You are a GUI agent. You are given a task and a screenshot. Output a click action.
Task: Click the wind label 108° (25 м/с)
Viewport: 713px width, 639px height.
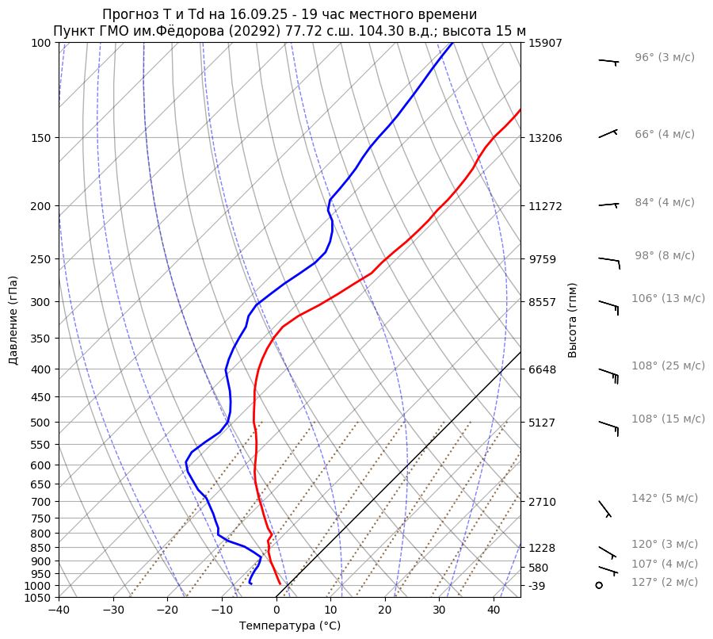(668, 365)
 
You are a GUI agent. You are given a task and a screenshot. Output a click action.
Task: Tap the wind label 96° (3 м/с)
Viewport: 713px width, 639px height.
(665, 57)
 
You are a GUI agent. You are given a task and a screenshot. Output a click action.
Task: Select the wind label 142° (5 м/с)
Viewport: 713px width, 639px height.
(665, 498)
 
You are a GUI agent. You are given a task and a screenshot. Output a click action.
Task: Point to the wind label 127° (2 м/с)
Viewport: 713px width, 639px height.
(665, 582)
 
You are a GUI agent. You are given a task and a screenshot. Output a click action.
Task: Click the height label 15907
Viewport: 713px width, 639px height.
(545, 43)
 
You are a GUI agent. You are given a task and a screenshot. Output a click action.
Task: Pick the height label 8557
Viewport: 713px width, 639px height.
(543, 302)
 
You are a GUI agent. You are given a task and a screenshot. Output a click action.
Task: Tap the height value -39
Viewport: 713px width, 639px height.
(538, 586)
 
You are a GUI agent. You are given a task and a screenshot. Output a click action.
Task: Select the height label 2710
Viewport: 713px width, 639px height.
(543, 502)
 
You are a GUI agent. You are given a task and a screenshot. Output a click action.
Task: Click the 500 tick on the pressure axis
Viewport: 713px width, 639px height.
(42, 423)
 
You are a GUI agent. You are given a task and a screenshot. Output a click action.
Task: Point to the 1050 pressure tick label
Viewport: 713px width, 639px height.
(39, 598)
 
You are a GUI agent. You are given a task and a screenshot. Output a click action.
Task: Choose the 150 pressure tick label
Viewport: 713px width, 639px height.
(42, 138)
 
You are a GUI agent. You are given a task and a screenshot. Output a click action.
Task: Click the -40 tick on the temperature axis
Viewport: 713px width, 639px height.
(59, 610)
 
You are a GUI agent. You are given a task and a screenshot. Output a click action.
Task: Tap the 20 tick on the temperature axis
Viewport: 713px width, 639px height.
(385, 610)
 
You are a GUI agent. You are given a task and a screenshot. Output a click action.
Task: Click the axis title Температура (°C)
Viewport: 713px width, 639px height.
(290, 626)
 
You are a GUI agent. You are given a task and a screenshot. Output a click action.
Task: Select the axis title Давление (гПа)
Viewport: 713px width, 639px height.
(13, 320)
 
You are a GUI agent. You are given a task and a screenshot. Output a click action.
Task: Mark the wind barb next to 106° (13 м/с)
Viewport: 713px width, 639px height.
(608, 304)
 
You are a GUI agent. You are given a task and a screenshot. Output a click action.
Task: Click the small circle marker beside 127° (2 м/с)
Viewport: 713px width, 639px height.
(599, 585)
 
